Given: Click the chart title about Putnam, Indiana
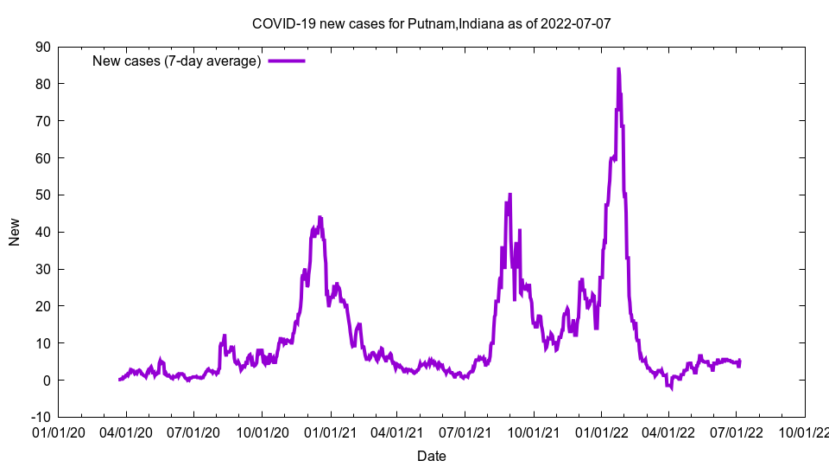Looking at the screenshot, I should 431,23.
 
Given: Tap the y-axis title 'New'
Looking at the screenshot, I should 15,232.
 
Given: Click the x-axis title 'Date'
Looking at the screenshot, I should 431,456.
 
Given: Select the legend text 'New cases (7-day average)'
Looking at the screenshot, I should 176,61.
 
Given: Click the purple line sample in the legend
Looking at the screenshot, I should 287,61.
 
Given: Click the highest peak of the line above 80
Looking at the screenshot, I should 618,69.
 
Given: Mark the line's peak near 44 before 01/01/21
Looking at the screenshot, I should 320,217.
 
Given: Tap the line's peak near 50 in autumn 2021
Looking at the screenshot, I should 510,195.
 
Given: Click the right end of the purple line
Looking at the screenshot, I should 739,361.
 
